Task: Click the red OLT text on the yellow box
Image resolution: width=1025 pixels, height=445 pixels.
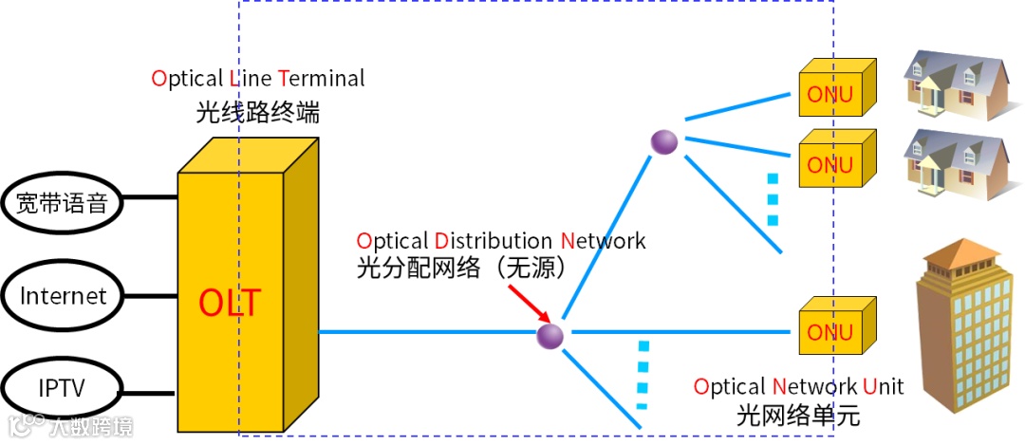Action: [x=229, y=304]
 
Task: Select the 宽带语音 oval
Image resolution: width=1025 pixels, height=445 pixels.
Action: [x=65, y=202]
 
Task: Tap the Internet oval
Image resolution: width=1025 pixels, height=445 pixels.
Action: [x=64, y=295]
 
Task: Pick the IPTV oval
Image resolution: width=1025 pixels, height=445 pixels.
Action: [x=64, y=387]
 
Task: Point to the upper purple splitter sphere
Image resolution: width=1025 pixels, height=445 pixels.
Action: [x=663, y=142]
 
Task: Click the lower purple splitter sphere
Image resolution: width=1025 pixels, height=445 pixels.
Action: [x=550, y=335]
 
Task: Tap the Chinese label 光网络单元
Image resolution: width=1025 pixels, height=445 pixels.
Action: [x=797, y=416]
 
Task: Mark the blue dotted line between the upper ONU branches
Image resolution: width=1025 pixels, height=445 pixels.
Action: [x=773, y=199]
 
